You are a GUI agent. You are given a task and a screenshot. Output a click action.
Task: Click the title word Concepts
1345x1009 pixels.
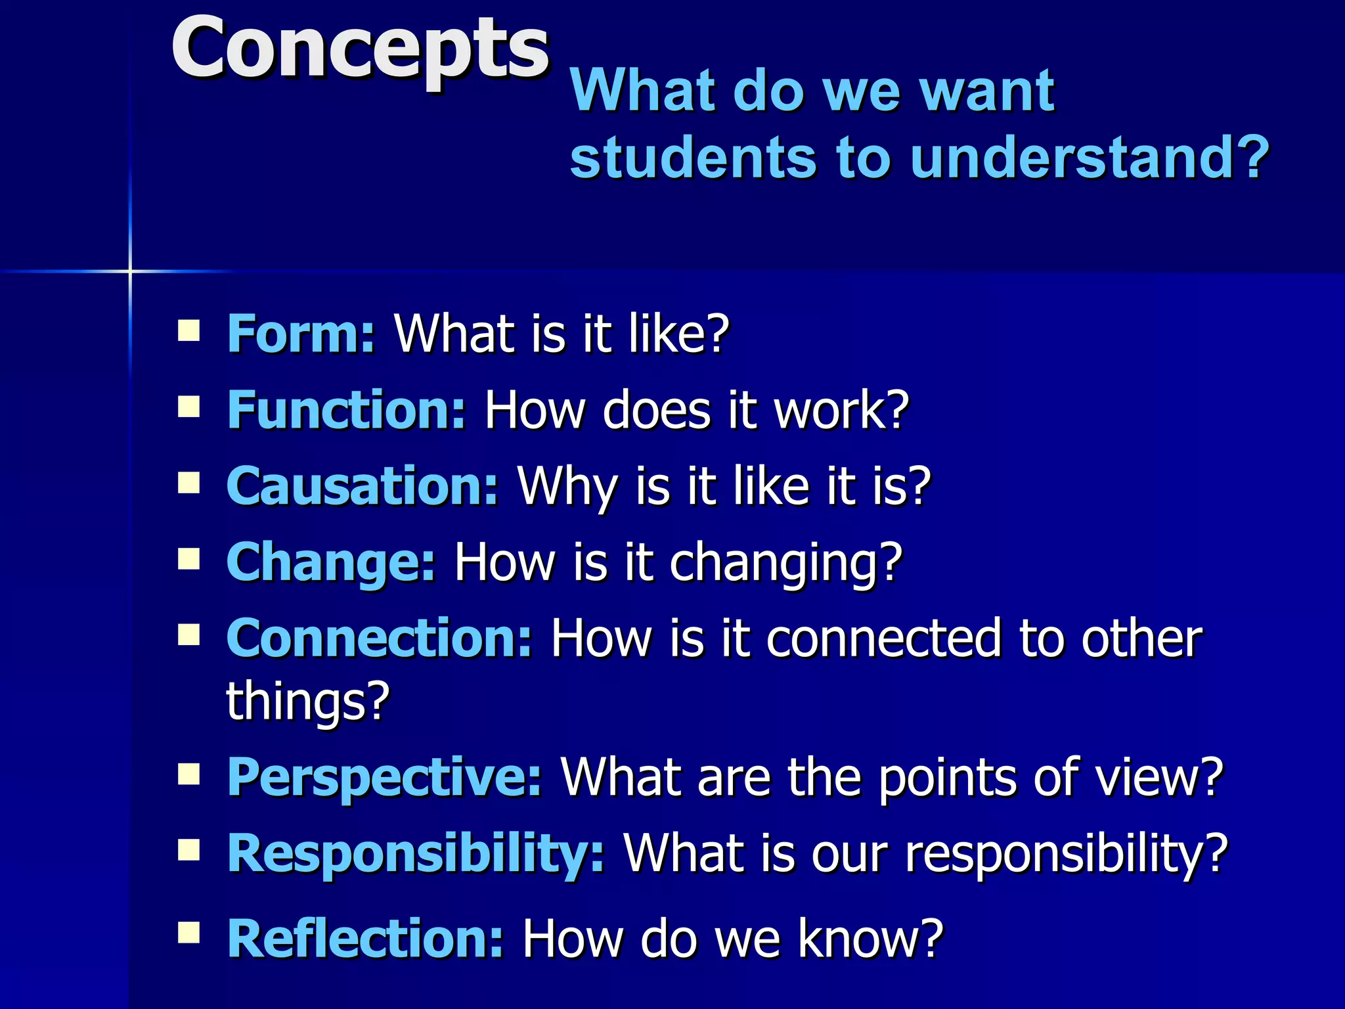click(359, 49)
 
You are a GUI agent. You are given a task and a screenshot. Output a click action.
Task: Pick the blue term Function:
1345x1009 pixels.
click(346, 410)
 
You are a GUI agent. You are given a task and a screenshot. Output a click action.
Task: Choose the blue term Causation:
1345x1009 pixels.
click(363, 486)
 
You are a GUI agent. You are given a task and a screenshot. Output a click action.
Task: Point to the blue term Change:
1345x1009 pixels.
click(330, 562)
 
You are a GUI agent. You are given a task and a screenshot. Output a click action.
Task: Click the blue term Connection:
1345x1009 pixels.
click(379, 638)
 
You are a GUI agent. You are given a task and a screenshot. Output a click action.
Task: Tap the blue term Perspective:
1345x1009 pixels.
click(384, 777)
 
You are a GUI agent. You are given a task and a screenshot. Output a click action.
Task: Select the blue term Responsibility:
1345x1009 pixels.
click(415, 853)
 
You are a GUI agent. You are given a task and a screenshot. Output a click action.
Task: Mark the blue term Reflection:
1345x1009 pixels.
click(365, 939)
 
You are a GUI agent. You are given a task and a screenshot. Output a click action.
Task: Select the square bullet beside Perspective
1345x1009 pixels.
click(188, 774)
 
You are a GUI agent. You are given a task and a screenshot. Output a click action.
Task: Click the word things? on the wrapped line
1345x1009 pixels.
click(308, 702)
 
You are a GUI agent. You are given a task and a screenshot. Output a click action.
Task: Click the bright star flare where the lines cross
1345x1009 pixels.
click(130, 271)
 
